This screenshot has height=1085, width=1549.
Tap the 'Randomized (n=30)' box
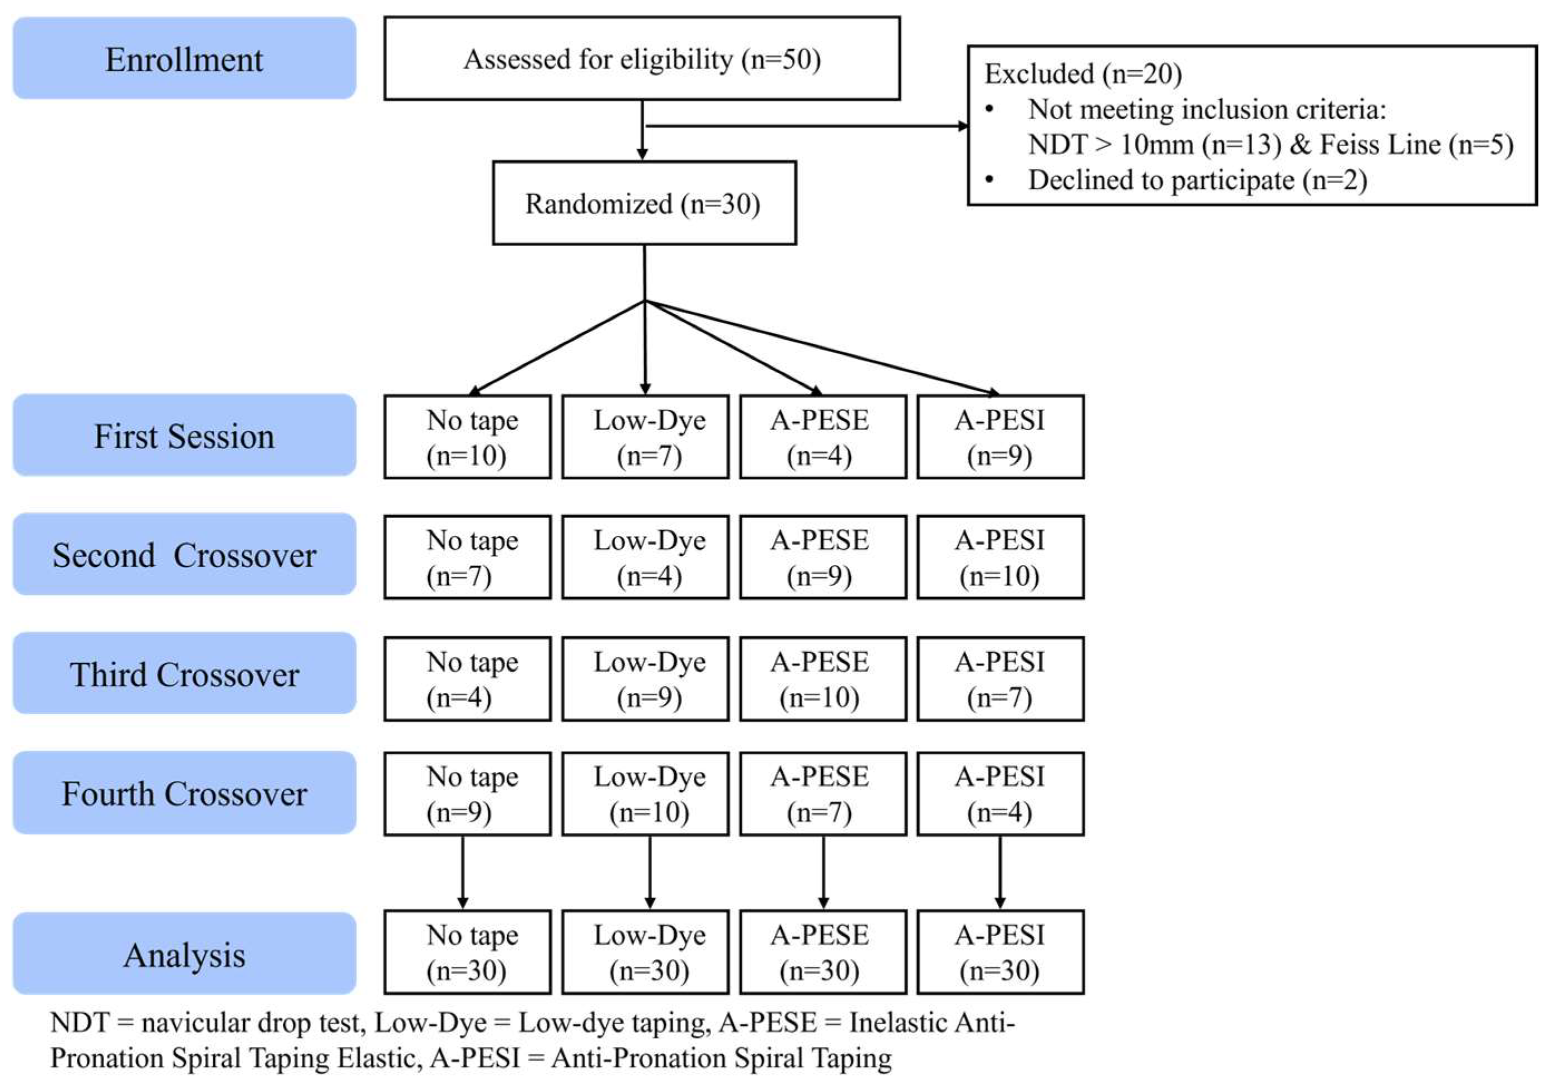click(644, 203)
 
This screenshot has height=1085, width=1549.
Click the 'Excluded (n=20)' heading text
click(1082, 74)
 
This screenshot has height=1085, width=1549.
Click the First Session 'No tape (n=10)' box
click(468, 437)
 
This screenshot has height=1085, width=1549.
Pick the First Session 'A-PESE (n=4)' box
click(822, 437)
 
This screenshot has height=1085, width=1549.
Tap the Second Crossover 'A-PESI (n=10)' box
click(1000, 558)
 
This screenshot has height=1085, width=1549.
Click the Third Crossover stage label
click(184, 673)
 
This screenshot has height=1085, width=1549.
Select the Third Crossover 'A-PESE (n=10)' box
click(822, 679)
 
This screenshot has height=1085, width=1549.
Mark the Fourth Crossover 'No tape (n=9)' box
click(468, 794)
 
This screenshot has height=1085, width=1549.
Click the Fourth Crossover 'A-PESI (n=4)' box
click(1000, 794)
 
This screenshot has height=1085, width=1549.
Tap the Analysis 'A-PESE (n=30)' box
click(822, 952)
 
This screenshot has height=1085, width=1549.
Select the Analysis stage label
click(184, 954)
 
